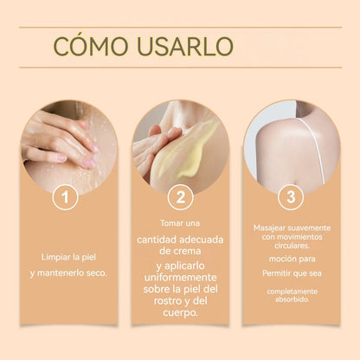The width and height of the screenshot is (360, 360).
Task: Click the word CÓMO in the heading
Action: point(85,46)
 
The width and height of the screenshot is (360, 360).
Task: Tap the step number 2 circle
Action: point(179,197)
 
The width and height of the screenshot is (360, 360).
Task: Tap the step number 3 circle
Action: point(292,197)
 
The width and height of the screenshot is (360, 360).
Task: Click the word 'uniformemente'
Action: point(179,276)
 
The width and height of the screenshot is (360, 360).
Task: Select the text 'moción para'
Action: point(292,258)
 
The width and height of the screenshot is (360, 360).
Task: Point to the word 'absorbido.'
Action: point(292,299)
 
